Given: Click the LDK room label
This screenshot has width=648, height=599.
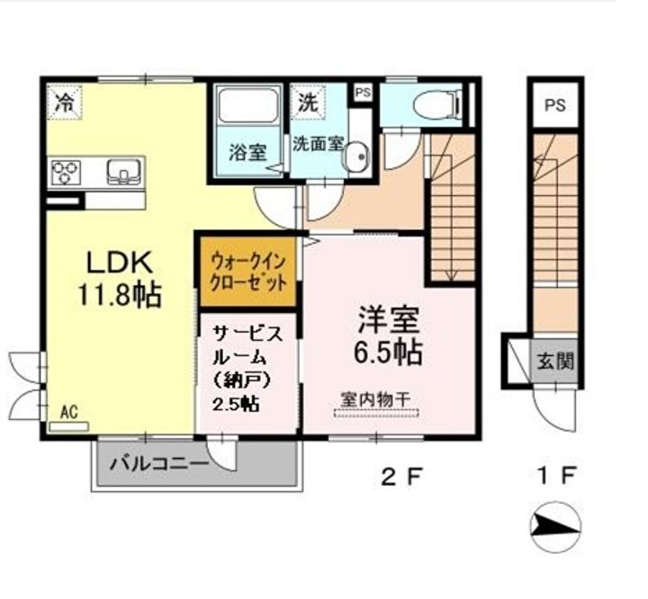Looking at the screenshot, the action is (x=119, y=262).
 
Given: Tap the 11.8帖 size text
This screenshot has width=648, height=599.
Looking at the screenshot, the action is (x=119, y=295).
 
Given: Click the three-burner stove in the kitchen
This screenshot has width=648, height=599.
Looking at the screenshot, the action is (x=66, y=172).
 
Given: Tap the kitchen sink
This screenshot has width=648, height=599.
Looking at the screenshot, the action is (x=123, y=172).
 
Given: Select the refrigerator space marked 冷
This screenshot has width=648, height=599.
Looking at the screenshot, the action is (x=64, y=103).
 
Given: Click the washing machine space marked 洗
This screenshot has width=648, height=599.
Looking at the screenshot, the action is (x=308, y=103).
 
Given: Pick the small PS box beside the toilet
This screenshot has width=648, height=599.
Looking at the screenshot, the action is (x=363, y=93).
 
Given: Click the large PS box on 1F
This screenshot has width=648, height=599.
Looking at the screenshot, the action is (x=554, y=105).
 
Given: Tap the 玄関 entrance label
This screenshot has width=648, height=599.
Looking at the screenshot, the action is (x=555, y=362).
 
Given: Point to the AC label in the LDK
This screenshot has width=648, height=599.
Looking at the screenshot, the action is (x=69, y=412).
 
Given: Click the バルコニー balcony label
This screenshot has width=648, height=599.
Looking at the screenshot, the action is (x=158, y=464).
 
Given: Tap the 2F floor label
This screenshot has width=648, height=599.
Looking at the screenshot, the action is (x=402, y=478).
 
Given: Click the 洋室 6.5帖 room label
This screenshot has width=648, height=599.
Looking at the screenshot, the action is (x=389, y=335).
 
